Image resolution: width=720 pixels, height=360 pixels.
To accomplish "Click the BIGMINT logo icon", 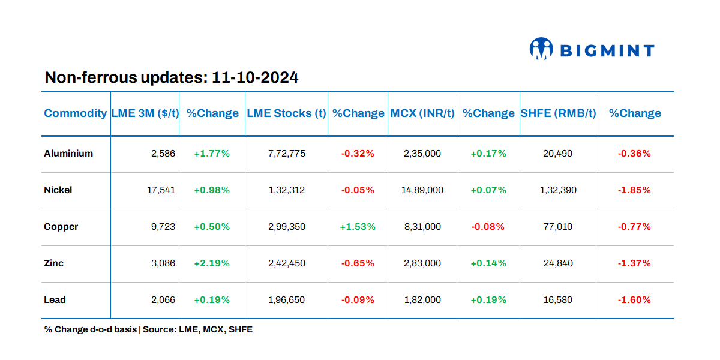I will (x=541, y=49).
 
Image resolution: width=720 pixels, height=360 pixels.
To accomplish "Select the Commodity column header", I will (x=76, y=113).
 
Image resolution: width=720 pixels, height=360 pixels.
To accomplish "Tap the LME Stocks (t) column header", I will (x=286, y=113).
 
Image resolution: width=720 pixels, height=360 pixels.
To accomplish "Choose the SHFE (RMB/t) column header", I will (x=558, y=113).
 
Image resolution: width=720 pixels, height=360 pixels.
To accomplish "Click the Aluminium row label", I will (x=68, y=154).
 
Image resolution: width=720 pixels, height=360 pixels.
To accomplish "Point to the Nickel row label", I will (x=58, y=190).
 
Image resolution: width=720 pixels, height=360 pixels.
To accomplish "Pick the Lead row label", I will (x=55, y=300).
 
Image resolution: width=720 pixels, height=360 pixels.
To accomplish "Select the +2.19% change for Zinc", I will (x=212, y=263).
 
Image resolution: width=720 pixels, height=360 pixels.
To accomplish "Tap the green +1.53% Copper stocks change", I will (x=358, y=227).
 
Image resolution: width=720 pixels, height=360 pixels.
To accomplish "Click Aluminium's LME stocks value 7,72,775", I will (x=286, y=154).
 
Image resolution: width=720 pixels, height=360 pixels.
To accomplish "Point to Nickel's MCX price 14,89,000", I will (x=422, y=190).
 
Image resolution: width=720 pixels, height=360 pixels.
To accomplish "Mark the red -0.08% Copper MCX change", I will (x=488, y=227).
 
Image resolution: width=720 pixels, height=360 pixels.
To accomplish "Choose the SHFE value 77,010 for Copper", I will (x=558, y=227).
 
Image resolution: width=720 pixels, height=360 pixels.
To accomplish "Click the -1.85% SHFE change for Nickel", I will (x=634, y=190).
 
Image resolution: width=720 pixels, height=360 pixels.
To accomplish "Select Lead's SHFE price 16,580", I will (x=558, y=300).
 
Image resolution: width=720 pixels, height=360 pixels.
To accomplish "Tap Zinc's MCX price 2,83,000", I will (x=422, y=263).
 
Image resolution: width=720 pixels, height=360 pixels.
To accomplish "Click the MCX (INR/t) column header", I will (x=422, y=113).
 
